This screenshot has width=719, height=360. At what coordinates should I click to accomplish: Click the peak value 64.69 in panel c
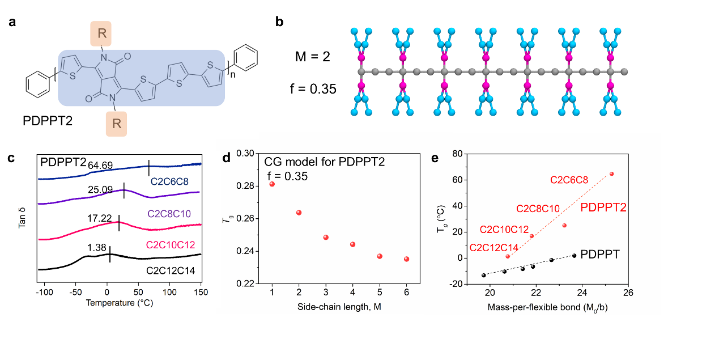click(100, 166)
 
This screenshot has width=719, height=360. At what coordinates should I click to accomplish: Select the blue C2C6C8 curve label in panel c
click(169, 181)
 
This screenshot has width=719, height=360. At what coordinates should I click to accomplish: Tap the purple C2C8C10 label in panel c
click(169, 214)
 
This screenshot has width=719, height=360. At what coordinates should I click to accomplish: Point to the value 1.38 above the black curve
click(97, 248)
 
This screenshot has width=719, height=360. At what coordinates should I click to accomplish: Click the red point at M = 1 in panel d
click(272, 184)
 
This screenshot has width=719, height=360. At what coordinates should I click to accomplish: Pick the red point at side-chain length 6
click(407, 259)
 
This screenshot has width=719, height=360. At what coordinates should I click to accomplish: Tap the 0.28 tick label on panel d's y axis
click(245, 186)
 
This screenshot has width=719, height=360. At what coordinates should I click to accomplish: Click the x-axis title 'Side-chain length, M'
click(339, 307)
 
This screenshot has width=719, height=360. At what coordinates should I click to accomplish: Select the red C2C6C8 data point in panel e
click(611, 173)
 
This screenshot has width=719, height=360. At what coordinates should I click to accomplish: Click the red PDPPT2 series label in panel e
click(603, 207)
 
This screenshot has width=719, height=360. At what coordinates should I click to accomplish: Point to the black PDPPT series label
click(600, 255)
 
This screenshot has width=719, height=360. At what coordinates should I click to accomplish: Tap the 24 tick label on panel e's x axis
click(582, 293)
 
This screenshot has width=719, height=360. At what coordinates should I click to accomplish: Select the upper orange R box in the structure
click(101, 33)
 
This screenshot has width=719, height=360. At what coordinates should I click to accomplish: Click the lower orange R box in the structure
click(116, 124)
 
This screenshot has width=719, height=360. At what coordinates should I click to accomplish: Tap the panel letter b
click(279, 22)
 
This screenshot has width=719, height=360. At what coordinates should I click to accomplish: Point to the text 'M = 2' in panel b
click(313, 57)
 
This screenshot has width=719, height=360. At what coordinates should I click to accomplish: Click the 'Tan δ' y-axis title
click(22, 218)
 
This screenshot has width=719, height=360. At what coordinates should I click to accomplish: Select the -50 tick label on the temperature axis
click(75, 292)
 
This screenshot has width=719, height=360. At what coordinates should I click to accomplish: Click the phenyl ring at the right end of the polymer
click(246, 58)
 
